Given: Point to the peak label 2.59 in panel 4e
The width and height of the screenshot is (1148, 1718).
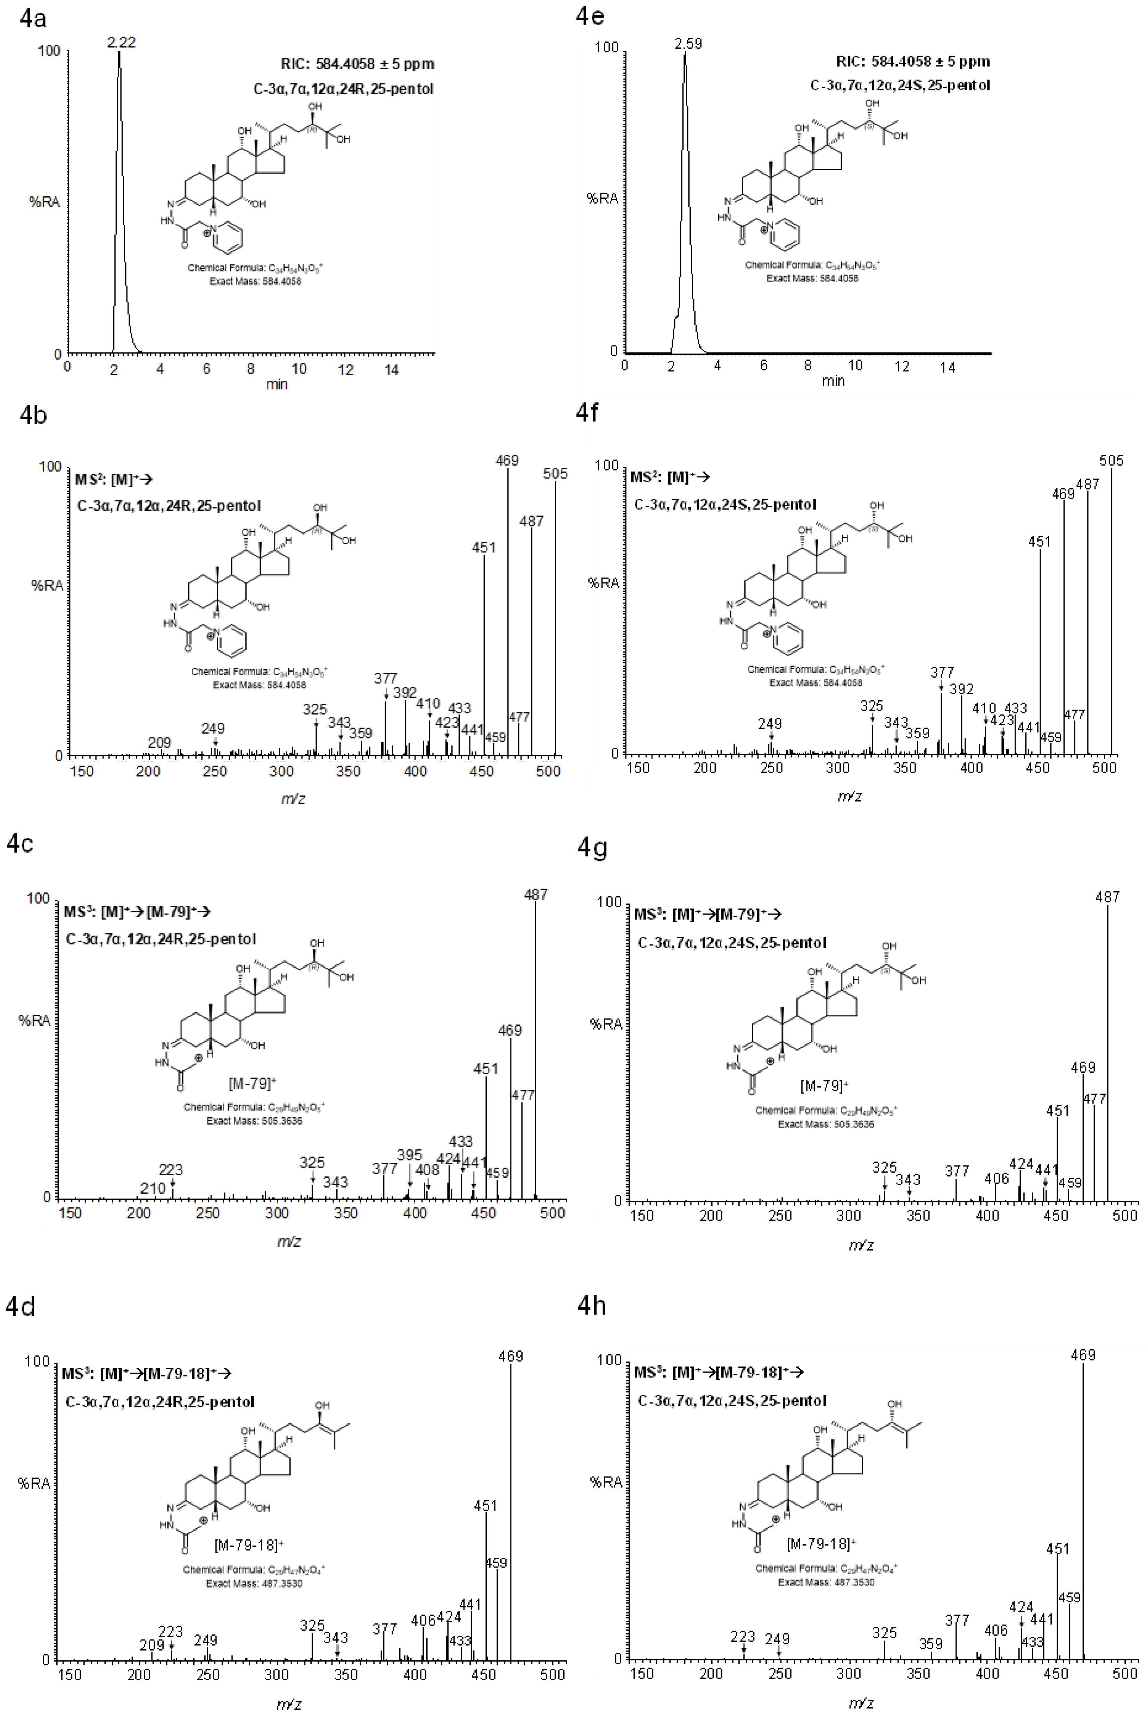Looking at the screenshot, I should point(688,44).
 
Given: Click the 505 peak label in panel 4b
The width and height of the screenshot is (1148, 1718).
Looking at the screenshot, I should point(555,474).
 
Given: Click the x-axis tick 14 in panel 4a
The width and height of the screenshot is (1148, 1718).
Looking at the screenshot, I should point(392,370).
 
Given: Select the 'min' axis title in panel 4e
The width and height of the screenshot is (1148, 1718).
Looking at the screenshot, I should point(833,381).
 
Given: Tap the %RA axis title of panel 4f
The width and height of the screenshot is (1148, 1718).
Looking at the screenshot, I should point(603,583).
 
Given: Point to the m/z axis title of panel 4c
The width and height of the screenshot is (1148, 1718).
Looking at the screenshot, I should point(289,1242).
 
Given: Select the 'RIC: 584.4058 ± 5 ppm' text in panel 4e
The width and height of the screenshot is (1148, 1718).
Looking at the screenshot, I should point(913,62).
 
